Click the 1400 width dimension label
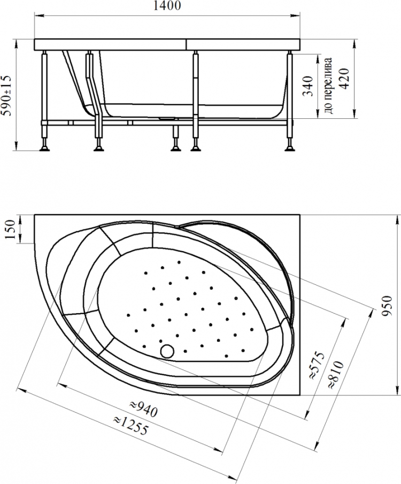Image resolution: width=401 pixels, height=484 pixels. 167,5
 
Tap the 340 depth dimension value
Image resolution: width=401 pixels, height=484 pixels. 308,86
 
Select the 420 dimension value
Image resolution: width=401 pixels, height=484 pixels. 344,79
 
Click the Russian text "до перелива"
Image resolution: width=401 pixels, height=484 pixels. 329,85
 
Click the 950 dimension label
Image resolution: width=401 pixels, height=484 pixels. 387,305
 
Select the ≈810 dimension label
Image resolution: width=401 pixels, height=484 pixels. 335,374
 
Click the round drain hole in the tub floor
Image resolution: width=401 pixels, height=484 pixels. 167,351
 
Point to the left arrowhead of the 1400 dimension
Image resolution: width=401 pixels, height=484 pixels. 37,14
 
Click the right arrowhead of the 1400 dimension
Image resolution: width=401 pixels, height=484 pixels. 297,14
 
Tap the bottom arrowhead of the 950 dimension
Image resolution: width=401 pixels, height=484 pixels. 397,392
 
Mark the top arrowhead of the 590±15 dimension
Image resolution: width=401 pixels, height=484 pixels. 16,43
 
